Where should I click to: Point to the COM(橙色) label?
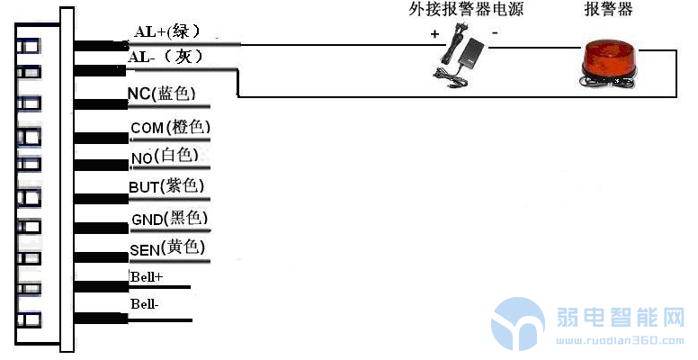[x=170, y=128]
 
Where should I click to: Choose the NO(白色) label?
[x=165, y=157]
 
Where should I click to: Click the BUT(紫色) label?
[x=166, y=187]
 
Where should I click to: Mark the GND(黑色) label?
[x=170, y=219]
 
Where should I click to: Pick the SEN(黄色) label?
[x=168, y=247]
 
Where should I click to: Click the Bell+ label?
[x=147, y=276]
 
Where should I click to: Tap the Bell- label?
[x=144, y=305]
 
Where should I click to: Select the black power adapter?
[x=465, y=55]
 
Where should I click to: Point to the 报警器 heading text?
[x=609, y=10]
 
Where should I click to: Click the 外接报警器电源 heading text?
[x=466, y=10]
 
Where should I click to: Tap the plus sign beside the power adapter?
[x=434, y=34]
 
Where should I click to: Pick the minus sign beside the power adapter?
[x=496, y=31]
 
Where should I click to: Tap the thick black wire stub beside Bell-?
[x=100, y=318]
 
